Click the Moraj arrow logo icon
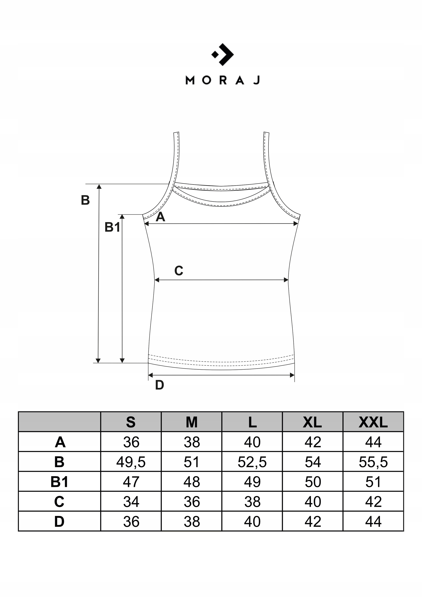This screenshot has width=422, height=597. click(x=223, y=54)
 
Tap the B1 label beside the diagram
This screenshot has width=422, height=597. click(x=112, y=227)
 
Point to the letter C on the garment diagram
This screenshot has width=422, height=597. click(x=178, y=271)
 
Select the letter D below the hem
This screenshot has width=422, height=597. click(x=159, y=385)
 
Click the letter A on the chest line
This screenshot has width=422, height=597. click(x=160, y=217)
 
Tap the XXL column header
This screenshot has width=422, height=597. click(x=373, y=422)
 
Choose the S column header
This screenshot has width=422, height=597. click(x=131, y=422)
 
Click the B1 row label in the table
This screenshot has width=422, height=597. click(x=59, y=482)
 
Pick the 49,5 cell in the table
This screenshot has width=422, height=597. click(x=131, y=462)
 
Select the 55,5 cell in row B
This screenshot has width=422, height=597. click(x=373, y=462)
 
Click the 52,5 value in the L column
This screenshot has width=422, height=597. click(x=252, y=462)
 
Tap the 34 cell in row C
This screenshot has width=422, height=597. click(x=131, y=502)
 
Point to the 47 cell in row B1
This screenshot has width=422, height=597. click(x=131, y=482)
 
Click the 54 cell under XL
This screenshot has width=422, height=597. click(x=313, y=462)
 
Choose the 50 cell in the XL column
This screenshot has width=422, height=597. click(x=313, y=482)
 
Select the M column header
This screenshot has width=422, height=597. click(x=192, y=422)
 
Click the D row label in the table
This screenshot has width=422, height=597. click(x=59, y=522)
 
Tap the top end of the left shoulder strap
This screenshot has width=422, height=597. click(x=176, y=133)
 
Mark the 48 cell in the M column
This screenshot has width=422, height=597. click(x=192, y=482)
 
